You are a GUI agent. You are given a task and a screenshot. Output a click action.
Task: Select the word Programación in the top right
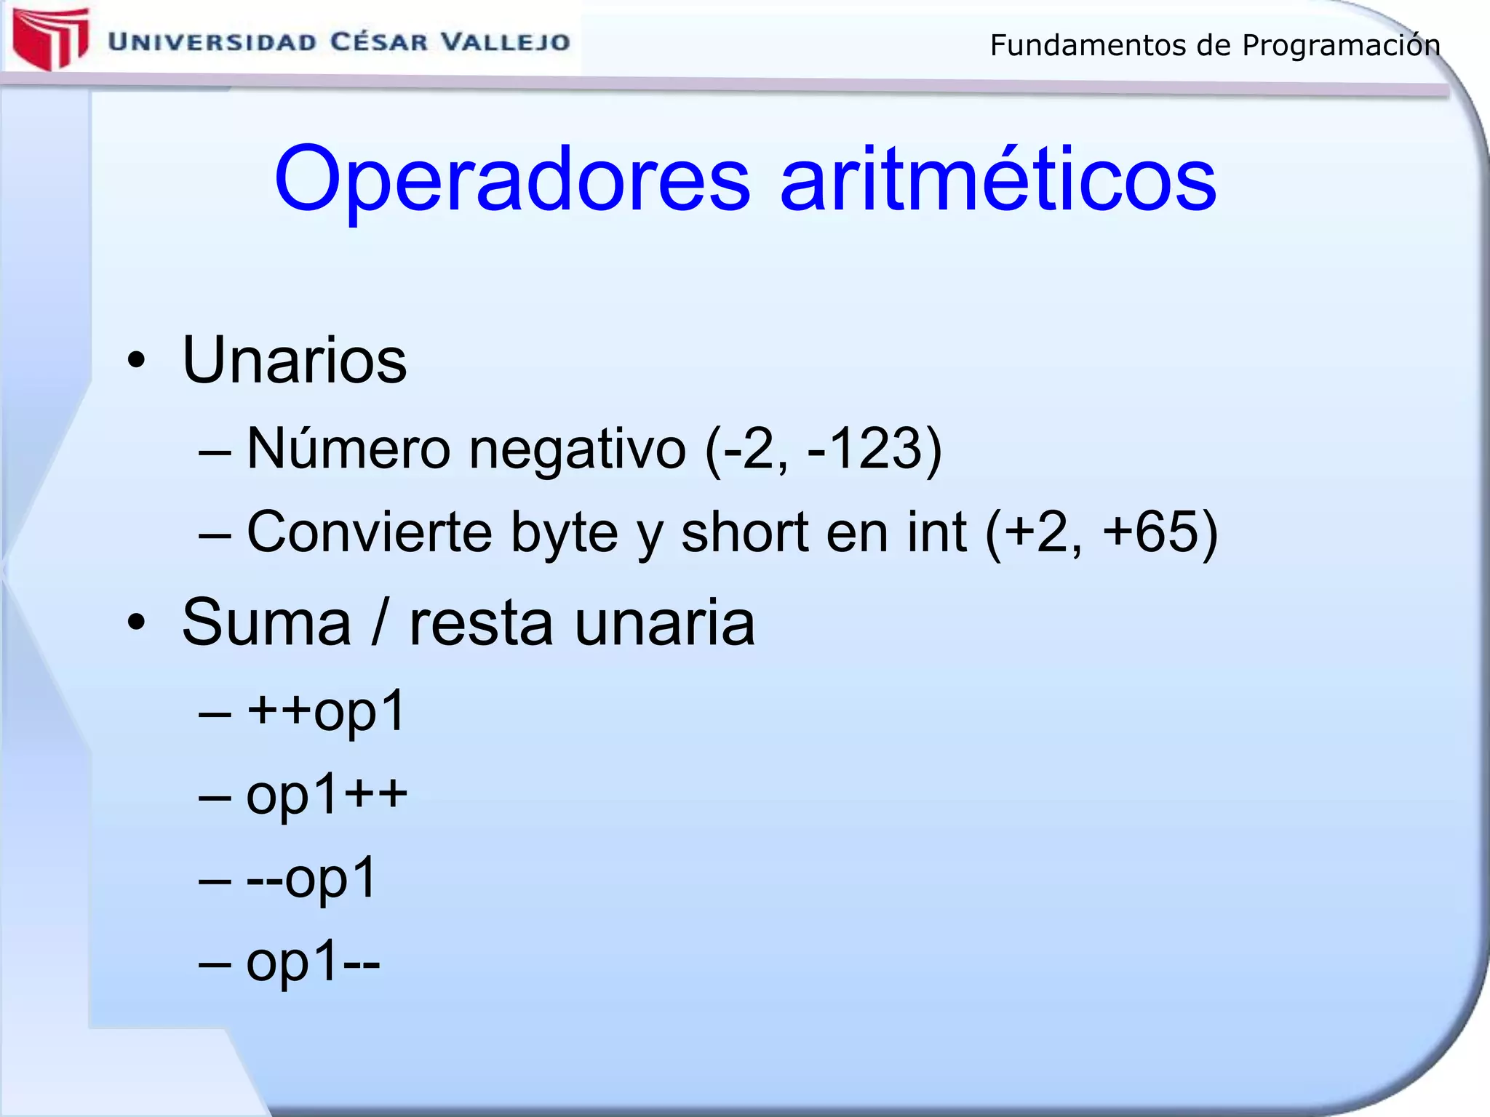1340,46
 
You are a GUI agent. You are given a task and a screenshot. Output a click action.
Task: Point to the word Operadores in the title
511,179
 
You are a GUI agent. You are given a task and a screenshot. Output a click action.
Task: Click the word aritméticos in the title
997,179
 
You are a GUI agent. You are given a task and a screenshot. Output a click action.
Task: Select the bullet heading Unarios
294,360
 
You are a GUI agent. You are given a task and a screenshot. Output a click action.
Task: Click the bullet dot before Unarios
136,361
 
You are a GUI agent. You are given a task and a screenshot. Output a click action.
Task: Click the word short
744,532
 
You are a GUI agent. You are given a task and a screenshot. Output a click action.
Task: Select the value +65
1150,532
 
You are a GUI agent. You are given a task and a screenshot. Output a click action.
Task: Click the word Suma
266,622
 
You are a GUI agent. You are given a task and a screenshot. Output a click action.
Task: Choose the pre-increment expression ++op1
325,710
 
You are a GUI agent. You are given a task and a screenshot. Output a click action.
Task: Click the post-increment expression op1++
327,794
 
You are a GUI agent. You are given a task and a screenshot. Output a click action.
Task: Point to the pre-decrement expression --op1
311,878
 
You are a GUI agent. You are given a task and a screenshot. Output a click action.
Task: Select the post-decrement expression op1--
313,961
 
